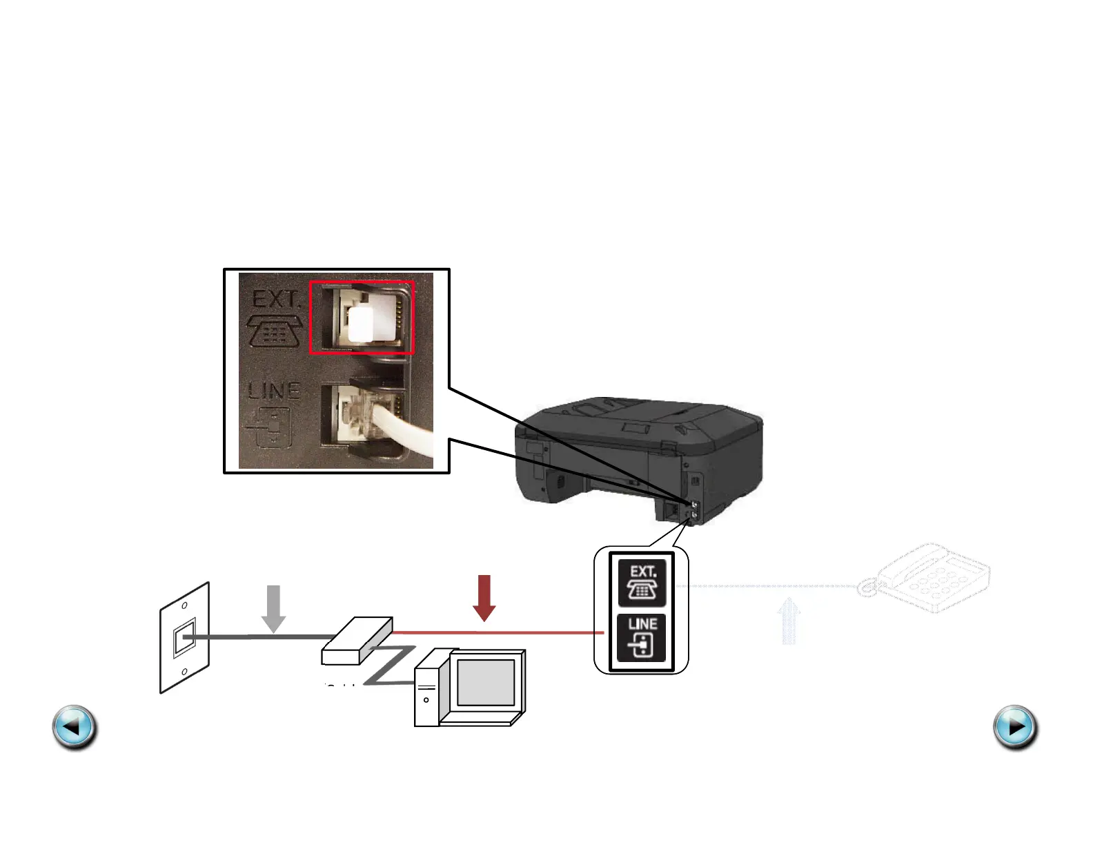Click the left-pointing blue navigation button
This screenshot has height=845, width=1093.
pos(75,727)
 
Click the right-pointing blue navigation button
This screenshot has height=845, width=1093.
pos(1015,727)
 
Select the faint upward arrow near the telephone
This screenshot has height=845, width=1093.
pos(789,621)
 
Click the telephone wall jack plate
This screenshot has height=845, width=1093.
pos(184,638)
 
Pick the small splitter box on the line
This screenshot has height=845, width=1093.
pos(357,640)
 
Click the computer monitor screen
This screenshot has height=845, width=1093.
pos(486,682)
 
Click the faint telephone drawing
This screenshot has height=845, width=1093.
pos(928,579)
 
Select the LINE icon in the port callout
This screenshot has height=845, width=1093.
pos(642,637)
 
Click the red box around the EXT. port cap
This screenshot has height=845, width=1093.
pos(362,318)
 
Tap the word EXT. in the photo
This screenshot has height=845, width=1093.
pos(276,300)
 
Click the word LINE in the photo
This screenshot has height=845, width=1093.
pos(274,391)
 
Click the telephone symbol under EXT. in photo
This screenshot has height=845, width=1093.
pos(275,331)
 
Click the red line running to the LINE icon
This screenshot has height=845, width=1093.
pos(497,632)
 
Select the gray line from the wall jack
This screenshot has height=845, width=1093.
pos(262,637)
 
